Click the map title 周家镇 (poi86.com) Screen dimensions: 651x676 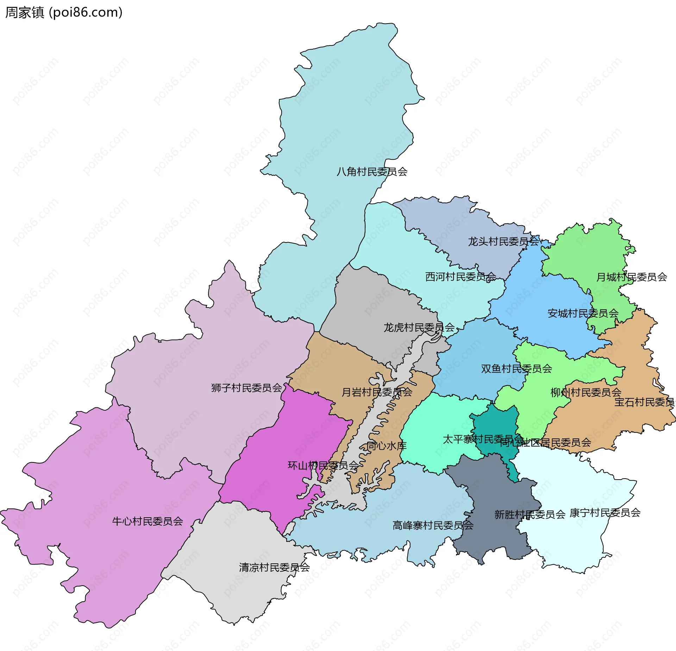pos(64,12)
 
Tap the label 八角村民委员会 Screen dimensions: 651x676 pos(372,172)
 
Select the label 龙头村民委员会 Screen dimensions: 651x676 pos(503,241)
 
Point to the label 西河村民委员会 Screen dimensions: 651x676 pos(461,277)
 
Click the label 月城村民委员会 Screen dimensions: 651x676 pos(631,277)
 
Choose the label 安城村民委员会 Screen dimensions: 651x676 pos(583,313)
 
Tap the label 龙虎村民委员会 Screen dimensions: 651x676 pos(419,328)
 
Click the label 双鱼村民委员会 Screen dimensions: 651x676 pos(516,369)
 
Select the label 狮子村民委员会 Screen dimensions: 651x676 pos(246,388)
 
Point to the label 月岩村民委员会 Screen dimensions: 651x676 pos(377,392)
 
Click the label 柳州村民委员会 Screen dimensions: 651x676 pos(586,392)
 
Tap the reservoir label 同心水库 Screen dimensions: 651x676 pos(386,446)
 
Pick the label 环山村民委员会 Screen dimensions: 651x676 pos(323,466)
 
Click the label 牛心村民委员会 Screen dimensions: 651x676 pos(148,521)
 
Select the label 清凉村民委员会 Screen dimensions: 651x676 pos(274,567)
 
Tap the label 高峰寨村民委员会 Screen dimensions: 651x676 pos(433,525)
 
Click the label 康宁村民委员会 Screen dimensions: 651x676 pos(605,513)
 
